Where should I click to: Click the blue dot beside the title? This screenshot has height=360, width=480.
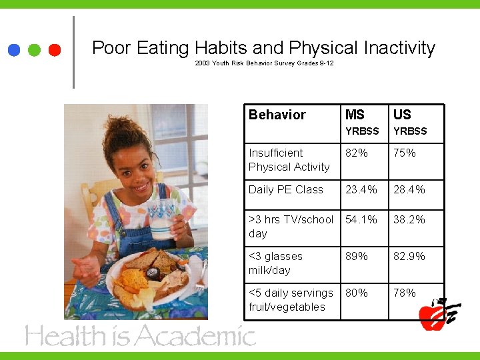point(14,50)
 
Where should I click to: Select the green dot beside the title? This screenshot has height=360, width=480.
point(35,50)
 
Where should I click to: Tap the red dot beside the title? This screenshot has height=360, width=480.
point(55,50)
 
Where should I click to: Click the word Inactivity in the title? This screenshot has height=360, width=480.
point(399,48)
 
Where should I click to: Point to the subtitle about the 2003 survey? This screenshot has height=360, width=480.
point(264,63)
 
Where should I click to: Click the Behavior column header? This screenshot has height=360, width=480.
point(277,115)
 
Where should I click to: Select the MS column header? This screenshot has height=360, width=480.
point(355,115)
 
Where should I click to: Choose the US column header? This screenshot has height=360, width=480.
point(402,115)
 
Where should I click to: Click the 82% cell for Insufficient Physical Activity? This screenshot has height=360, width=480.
point(357,153)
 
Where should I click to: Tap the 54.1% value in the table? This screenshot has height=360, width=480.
point(361,219)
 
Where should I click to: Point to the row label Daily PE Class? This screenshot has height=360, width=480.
point(285,189)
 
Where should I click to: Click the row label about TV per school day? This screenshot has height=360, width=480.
point(291,226)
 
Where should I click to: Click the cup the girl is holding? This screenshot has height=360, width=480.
point(162,217)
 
